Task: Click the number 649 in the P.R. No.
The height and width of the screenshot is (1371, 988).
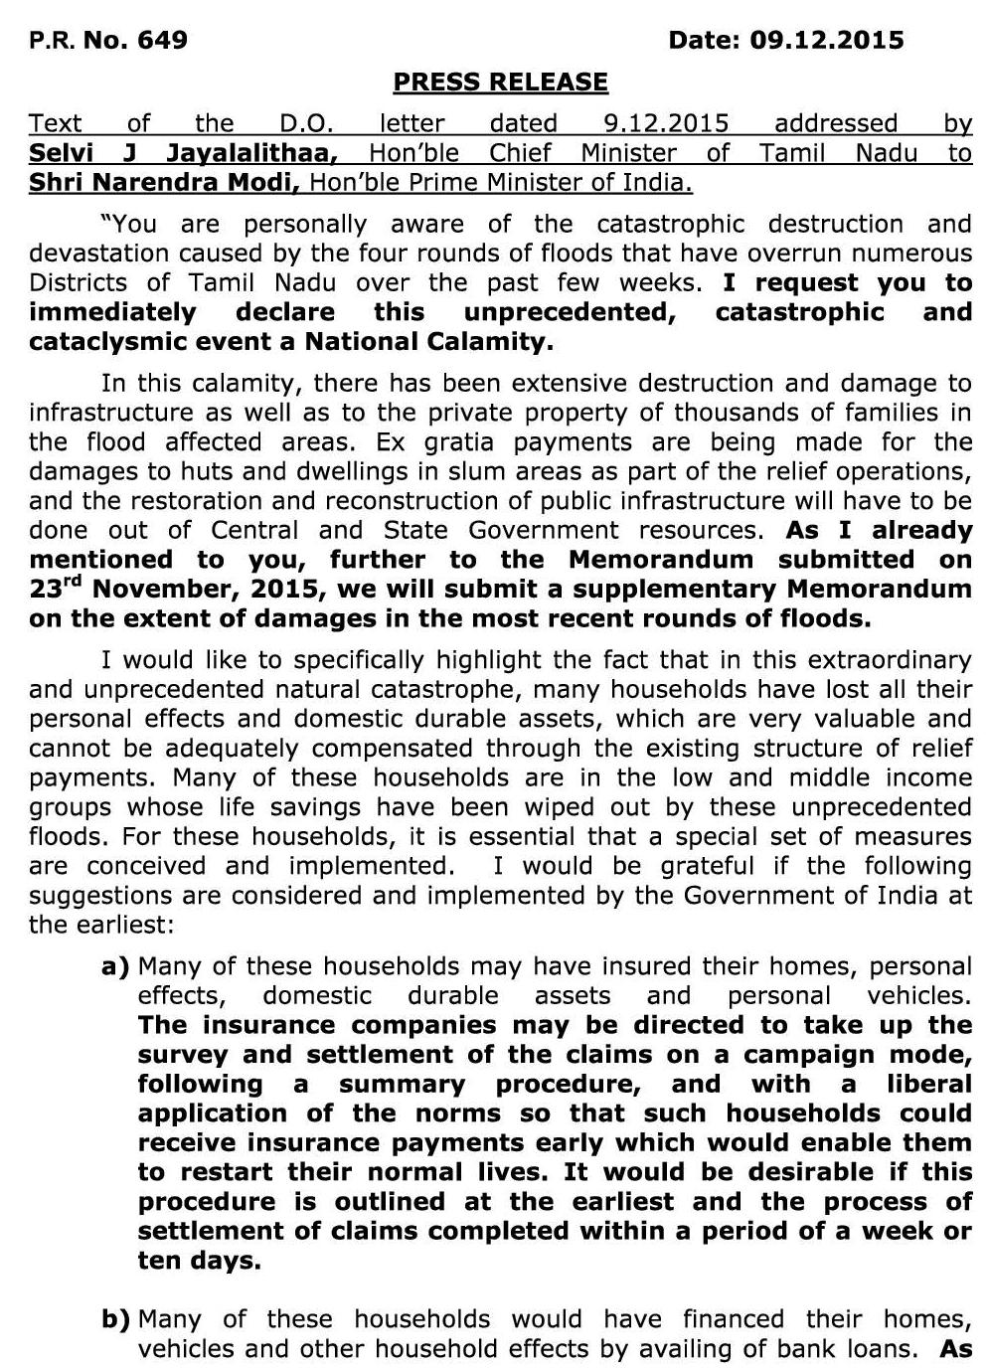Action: click(163, 40)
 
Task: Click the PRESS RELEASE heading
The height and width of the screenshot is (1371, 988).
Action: click(500, 82)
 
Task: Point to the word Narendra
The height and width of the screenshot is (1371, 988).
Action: click(169, 183)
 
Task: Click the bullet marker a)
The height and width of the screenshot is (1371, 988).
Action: click(115, 966)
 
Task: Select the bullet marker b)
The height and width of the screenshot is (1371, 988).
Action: click(115, 1320)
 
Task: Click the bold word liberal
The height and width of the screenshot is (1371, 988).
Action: click(929, 1084)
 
